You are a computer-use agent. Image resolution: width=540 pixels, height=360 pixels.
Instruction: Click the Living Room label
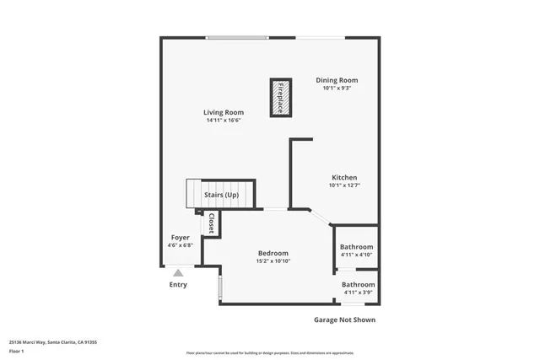click(x=224, y=112)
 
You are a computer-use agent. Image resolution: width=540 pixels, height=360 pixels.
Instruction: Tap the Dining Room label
click(x=337, y=80)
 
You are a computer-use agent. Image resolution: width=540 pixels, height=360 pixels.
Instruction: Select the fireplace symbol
click(x=281, y=97)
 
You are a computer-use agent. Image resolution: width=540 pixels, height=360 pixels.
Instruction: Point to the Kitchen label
click(x=343, y=177)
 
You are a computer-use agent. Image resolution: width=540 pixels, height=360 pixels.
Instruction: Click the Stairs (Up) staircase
click(x=221, y=195)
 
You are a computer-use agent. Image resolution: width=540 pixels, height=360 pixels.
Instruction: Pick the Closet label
click(x=211, y=223)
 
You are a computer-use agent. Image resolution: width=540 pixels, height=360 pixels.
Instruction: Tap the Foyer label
click(x=180, y=238)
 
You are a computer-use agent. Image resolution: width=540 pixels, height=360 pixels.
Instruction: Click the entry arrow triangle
click(x=177, y=271)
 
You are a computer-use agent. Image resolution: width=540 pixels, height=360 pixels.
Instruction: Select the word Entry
click(x=178, y=285)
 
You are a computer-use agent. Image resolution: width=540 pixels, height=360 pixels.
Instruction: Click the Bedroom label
click(x=273, y=253)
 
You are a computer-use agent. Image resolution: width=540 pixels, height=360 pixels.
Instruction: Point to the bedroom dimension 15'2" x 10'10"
click(x=273, y=261)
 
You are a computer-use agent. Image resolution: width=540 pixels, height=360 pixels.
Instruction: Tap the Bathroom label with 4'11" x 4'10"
click(x=356, y=247)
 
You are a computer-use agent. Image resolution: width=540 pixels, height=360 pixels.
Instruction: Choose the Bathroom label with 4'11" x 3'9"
click(x=358, y=284)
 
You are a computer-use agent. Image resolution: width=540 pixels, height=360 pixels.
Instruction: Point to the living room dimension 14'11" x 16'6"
click(x=224, y=121)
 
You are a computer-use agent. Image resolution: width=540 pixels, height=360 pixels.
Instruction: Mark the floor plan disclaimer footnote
click(x=271, y=352)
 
